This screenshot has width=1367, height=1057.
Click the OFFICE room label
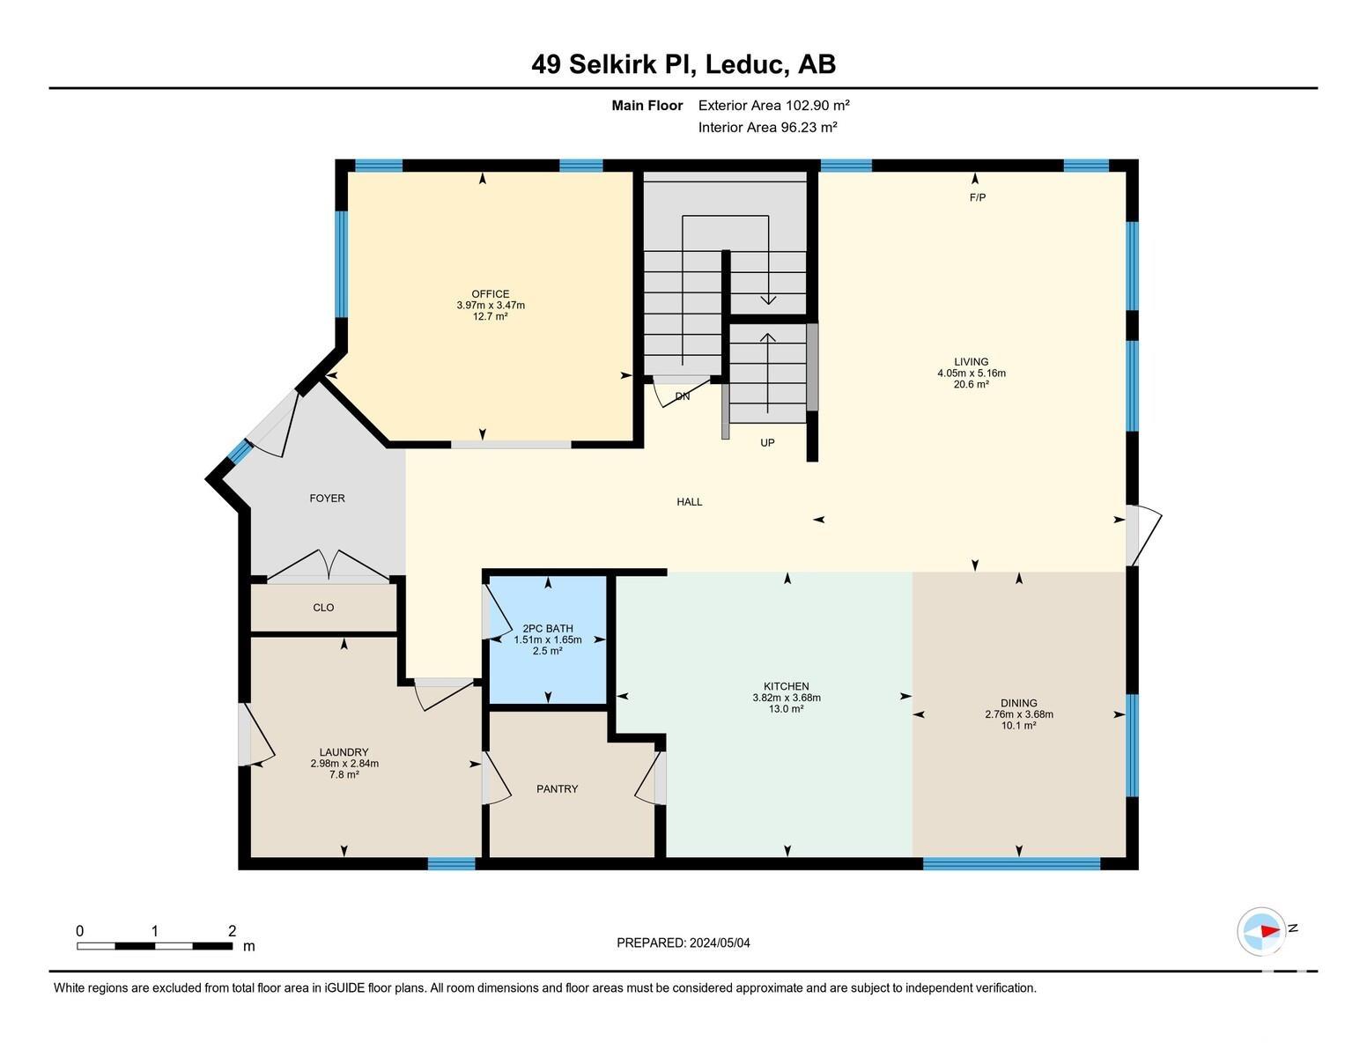point(490,293)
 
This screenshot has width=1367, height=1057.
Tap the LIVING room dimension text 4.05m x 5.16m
point(972,373)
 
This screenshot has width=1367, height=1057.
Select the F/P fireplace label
point(978,197)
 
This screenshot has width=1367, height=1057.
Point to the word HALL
point(690,502)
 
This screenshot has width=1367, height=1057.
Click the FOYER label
point(327,498)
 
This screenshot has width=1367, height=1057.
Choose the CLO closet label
point(323,608)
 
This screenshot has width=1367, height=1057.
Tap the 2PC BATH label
point(548,628)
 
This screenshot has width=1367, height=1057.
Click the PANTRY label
point(557,788)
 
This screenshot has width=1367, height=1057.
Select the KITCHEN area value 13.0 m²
point(787,709)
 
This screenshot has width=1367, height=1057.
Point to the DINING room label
point(1018,703)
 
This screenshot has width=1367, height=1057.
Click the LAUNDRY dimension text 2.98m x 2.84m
point(344,764)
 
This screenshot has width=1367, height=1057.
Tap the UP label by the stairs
point(767,443)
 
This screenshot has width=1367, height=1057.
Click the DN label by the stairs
point(683,396)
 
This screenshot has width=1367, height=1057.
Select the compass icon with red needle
point(1261,932)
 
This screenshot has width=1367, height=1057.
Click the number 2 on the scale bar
point(233,931)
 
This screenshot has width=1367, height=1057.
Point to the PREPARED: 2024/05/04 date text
point(683,943)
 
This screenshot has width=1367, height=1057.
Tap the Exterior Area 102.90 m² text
point(773,106)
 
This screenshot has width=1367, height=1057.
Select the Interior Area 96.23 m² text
point(767,128)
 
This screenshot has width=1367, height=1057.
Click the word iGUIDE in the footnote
point(344,987)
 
